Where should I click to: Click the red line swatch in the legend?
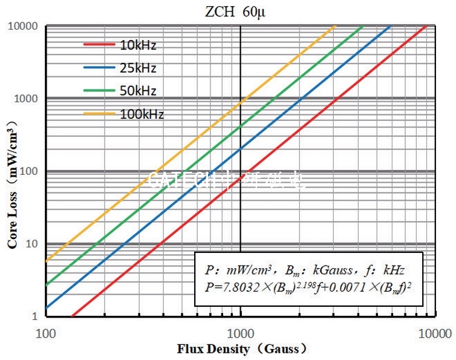pyautogui.click(x=99, y=45)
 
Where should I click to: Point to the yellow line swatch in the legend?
pyautogui.click(x=99, y=114)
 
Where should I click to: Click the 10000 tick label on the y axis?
pyautogui.click(x=24, y=27)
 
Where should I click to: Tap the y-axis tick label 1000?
pyautogui.click(x=27, y=99)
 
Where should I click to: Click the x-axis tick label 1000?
pyautogui.click(x=241, y=333)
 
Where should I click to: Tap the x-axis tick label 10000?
pyautogui.click(x=435, y=333)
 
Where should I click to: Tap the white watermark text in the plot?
pyautogui.click(x=227, y=180)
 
